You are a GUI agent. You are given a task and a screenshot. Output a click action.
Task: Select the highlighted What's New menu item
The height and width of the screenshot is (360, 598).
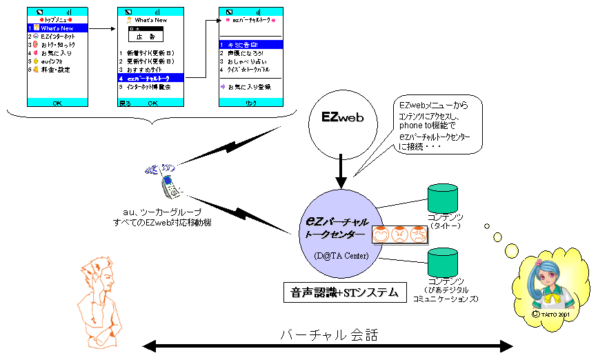pos(58,28)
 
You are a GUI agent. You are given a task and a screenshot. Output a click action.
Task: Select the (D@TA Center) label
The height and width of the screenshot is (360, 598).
pos(340,257)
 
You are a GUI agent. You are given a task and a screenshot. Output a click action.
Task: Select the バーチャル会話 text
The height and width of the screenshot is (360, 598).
pos(329,334)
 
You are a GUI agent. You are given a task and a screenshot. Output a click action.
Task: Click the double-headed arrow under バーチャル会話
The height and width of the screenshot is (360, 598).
pos(329,345)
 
